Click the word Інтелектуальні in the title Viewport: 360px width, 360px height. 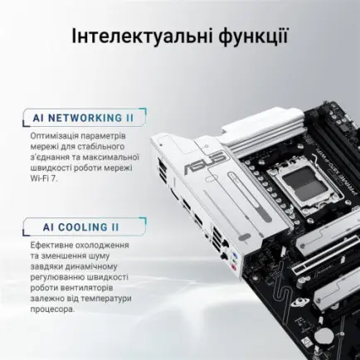coord(137,36)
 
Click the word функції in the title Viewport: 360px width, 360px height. coord(248,36)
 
